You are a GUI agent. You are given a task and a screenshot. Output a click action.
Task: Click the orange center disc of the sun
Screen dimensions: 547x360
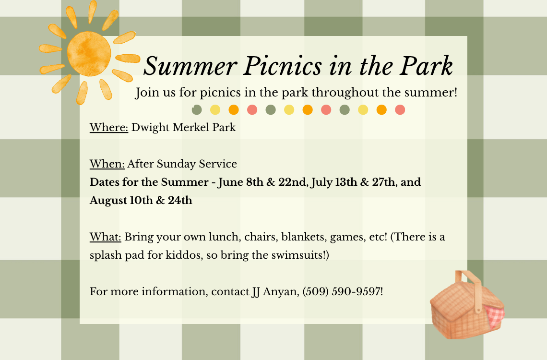click(x=89, y=54)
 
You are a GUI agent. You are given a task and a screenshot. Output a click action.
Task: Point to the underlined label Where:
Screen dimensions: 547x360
click(x=109, y=127)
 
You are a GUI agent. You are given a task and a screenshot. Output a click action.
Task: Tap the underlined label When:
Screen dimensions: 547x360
click(x=107, y=164)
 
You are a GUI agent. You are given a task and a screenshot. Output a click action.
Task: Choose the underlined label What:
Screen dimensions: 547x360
click(x=106, y=237)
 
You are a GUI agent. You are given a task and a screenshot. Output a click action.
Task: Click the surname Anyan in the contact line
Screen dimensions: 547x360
click(x=280, y=292)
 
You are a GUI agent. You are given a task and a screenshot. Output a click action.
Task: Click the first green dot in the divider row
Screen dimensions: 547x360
click(x=197, y=110)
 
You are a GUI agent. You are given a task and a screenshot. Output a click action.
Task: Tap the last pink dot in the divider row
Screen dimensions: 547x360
click(x=400, y=110)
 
